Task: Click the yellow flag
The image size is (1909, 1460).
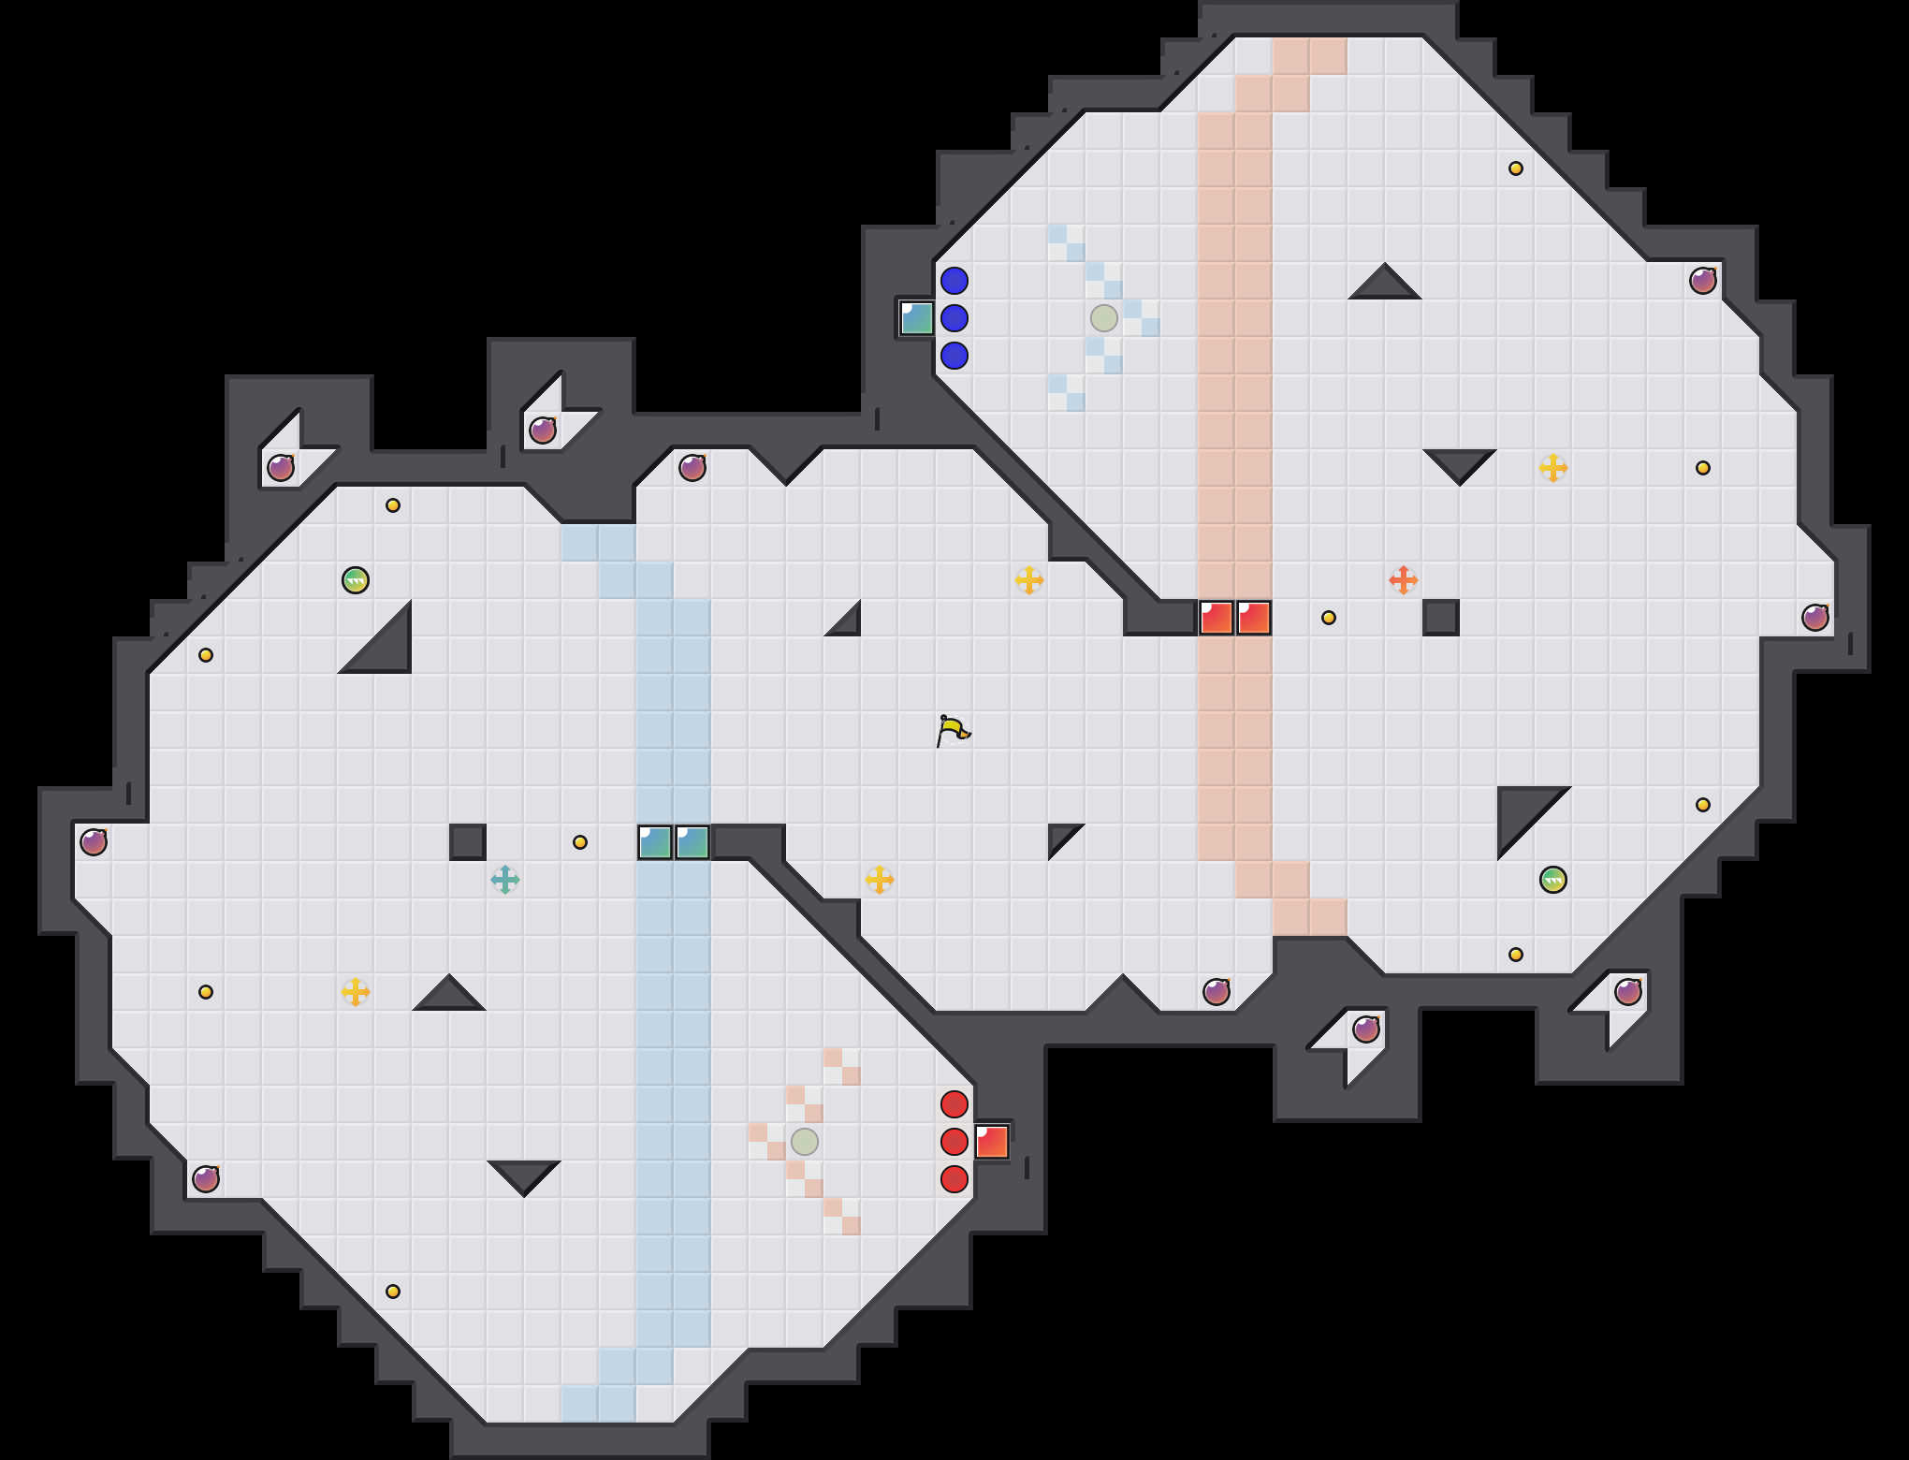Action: click(953, 730)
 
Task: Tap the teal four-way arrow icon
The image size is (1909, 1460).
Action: click(505, 880)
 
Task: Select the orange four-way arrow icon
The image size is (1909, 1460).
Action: click(1403, 580)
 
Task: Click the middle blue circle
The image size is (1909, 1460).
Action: click(954, 318)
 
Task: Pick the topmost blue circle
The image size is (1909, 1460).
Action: click(954, 281)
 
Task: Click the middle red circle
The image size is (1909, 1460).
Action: click(954, 1142)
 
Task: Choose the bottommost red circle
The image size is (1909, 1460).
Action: click(954, 1179)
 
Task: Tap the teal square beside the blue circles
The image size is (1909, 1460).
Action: click(917, 318)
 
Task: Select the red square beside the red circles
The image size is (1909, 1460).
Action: click(992, 1142)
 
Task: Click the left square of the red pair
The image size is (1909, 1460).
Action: click(1217, 618)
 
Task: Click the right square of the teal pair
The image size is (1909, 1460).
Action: click(692, 842)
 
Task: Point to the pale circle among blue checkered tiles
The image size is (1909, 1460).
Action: click(1104, 318)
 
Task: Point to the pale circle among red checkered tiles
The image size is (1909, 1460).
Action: click(805, 1142)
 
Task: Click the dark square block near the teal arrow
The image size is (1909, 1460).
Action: click(468, 842)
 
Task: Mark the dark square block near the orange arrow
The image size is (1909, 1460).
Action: click(1441, 618)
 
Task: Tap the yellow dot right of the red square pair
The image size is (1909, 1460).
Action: click(1329, 618)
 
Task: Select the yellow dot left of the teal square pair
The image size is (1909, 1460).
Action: click(580, 842)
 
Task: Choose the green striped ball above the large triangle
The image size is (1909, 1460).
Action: click(356, 580)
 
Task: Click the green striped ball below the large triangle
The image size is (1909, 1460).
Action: click(1553, 880)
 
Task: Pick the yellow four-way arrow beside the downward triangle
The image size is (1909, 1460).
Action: click(1553, 468)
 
